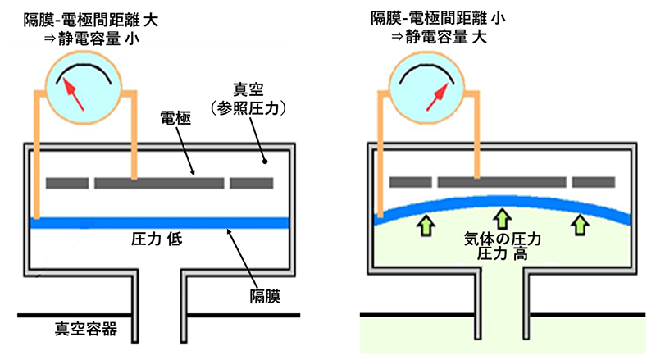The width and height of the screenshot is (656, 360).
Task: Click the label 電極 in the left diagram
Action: coord(175,121)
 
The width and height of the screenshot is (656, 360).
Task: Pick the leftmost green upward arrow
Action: coord(426,223)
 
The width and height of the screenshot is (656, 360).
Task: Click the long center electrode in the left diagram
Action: coord(159,183)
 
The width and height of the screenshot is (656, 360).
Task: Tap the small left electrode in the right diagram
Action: coord(410,182)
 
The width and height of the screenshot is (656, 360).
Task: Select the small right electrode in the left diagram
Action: coord(251,183)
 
